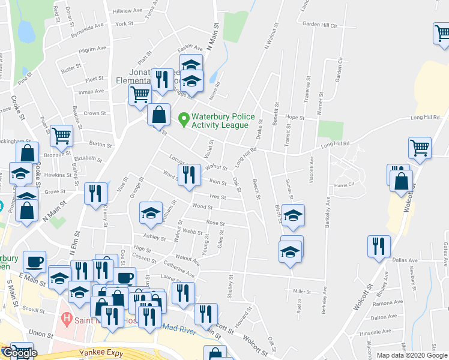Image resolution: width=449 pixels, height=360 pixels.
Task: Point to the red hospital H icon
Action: click(67, 317)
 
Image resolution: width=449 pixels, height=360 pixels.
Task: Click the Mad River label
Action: click(179, 327)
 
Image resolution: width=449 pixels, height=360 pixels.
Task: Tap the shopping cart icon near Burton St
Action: click(61, 136)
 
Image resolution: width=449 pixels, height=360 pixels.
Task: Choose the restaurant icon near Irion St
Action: click(188, 175)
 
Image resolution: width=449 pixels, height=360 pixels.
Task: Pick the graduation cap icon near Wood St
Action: click(151, 212)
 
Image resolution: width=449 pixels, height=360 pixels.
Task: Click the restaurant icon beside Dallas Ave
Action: click(379, 246)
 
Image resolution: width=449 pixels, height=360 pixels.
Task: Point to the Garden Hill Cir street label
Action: click(321, 25)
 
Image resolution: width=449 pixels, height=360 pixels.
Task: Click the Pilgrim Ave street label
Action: click(94, 48)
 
